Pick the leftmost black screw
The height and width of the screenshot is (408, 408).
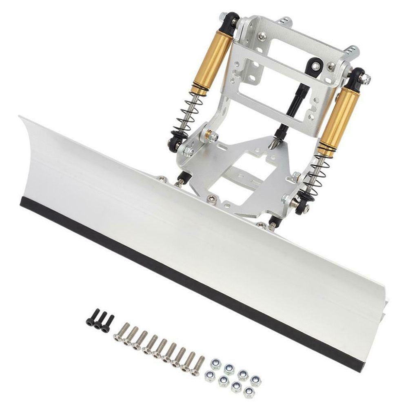click(90, 319)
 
